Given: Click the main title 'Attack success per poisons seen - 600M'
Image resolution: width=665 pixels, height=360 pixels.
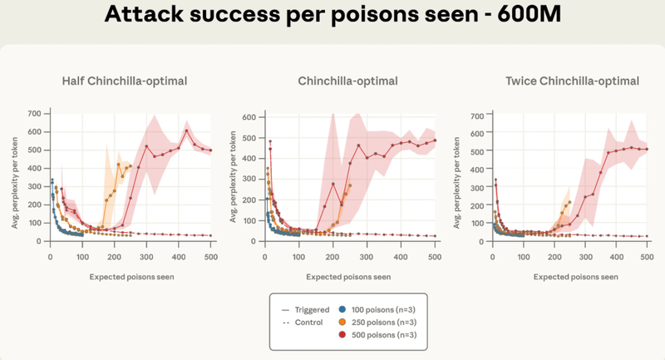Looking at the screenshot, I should (x=332, y=15).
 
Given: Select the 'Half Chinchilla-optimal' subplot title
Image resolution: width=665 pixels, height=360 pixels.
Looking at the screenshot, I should (x=124, y=81).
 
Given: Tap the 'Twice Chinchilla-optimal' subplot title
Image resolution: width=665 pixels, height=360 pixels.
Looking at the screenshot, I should (x=572, y=81).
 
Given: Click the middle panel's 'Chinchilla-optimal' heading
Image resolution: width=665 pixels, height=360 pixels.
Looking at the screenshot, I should (x=347, y=81).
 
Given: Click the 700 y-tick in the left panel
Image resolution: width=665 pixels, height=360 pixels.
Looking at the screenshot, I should (x=36, y=112).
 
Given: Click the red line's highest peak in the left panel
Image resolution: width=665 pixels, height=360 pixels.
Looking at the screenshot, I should (x=187, y=131).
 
